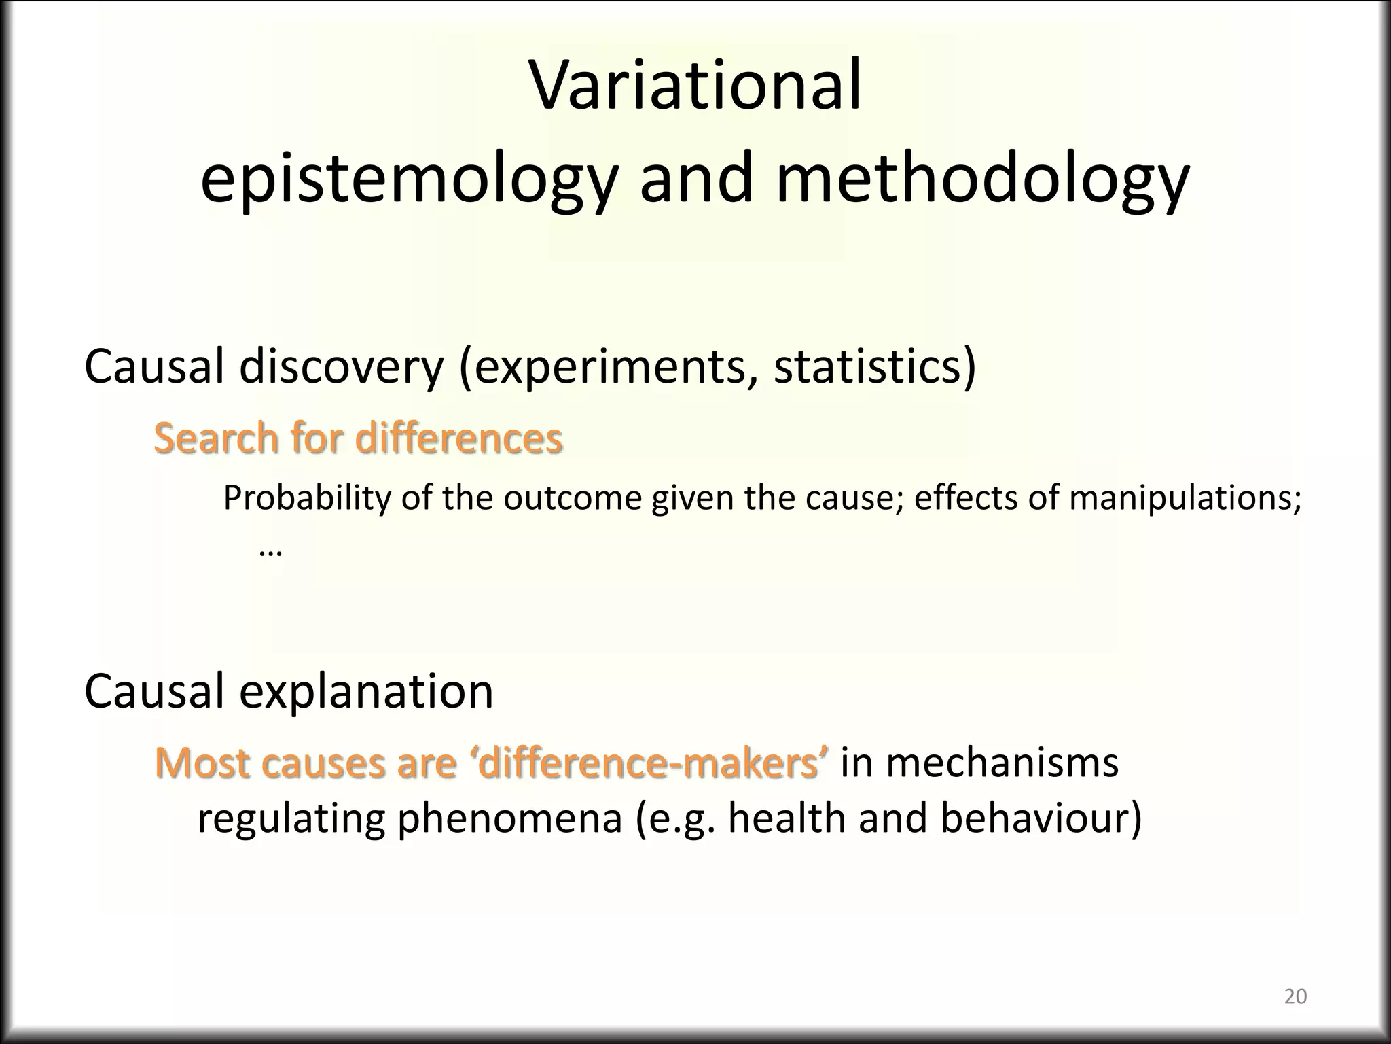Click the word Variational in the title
click(695, 87)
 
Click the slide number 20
click(1295, 996)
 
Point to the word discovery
click(342, 367)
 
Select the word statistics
click(869, 367)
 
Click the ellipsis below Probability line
click(270, 551)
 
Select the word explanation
click(366, 692)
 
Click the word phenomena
click(509, 818)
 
